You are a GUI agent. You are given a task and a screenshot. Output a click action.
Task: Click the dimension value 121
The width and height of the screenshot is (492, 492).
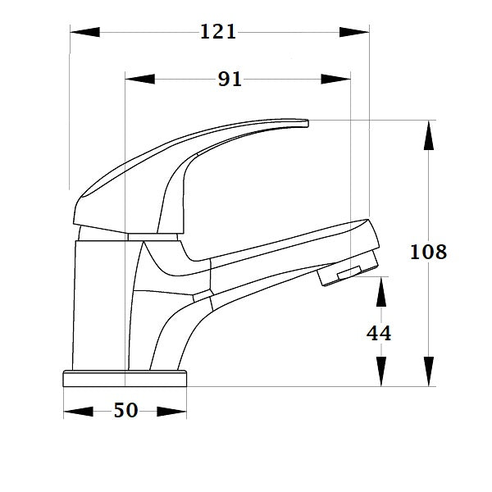pos(218,32)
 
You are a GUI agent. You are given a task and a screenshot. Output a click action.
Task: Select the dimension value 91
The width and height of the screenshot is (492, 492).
pos(230,80)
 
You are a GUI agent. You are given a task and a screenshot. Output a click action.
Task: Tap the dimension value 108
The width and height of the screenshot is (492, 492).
pos(428,252)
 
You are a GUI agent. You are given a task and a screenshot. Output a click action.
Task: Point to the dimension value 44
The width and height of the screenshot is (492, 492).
pos(378,333)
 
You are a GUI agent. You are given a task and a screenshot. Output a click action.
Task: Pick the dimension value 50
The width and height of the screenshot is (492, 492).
pos(125,411)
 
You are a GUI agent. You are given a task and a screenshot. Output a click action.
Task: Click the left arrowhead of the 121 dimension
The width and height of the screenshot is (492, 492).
pos(84,32)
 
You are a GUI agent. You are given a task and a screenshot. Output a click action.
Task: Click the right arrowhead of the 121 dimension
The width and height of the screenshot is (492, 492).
pos(354,32)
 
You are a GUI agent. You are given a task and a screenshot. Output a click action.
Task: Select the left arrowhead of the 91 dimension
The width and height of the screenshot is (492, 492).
pos(139,80)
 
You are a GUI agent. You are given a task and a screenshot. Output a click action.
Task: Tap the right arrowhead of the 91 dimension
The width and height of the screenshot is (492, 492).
pos(335,80)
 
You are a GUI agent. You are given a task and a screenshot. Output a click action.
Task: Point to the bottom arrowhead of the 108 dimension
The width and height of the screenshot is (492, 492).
pos(428,370)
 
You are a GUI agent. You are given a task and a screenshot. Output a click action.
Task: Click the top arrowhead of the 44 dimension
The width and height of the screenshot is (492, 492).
pos(380,292)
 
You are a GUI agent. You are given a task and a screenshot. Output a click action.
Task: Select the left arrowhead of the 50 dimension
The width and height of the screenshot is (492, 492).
pos(79,411)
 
